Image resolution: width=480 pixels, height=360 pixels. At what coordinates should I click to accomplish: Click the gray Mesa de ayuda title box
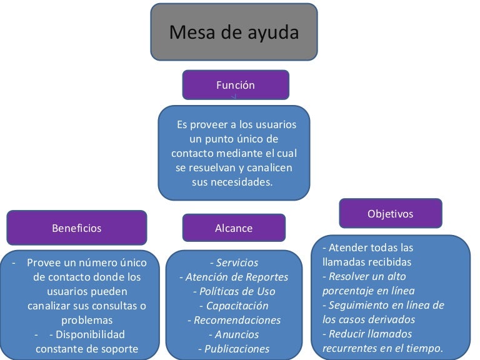coord(234,32)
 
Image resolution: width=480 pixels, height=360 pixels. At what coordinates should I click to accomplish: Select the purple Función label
coord(236,85)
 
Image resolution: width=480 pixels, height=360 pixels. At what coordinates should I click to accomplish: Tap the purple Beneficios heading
coord(76,227)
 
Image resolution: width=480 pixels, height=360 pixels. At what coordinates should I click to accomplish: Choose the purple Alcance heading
coord(234,227)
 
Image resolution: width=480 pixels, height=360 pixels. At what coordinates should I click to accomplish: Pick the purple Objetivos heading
coord(391,213)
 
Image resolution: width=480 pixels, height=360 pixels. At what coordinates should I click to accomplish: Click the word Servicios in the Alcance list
coord(237,262)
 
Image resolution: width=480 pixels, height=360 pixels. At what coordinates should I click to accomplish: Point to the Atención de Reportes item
coord(237,277)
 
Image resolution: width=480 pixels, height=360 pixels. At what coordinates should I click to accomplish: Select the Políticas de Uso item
coord(237,291)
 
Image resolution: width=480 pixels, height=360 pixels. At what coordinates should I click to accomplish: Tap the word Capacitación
coord(237,306)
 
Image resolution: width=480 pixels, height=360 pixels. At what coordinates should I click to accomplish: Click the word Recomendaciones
coord(237,320)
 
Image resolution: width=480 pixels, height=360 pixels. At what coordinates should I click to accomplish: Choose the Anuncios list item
coord(237,334)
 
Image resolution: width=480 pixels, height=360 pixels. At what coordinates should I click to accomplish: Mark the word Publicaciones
coord(237,349)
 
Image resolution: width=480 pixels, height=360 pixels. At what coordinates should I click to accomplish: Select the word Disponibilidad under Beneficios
coord(90,334)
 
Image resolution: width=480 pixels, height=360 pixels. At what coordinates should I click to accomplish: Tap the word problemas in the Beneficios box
coord(87,321)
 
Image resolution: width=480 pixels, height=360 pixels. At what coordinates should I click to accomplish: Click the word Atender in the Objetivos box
coord(345,247)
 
